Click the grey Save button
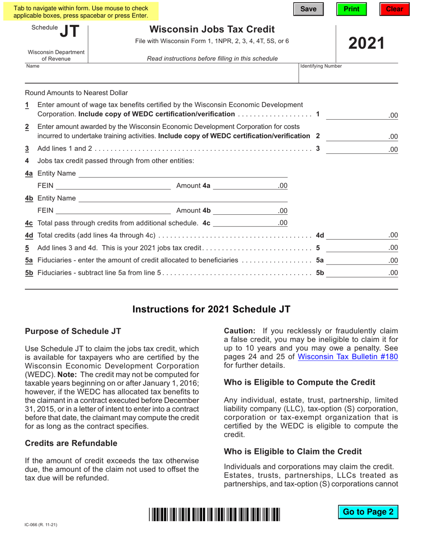point(308,9)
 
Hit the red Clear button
point(394,9)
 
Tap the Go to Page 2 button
point(368,512)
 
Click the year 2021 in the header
point(366,43)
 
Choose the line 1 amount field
point(356,115)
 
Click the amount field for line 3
point(356,149)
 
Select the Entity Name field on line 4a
point(183,173)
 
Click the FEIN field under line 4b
point(113,210)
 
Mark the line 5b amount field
point(356,273)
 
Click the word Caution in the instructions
point(240,331)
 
